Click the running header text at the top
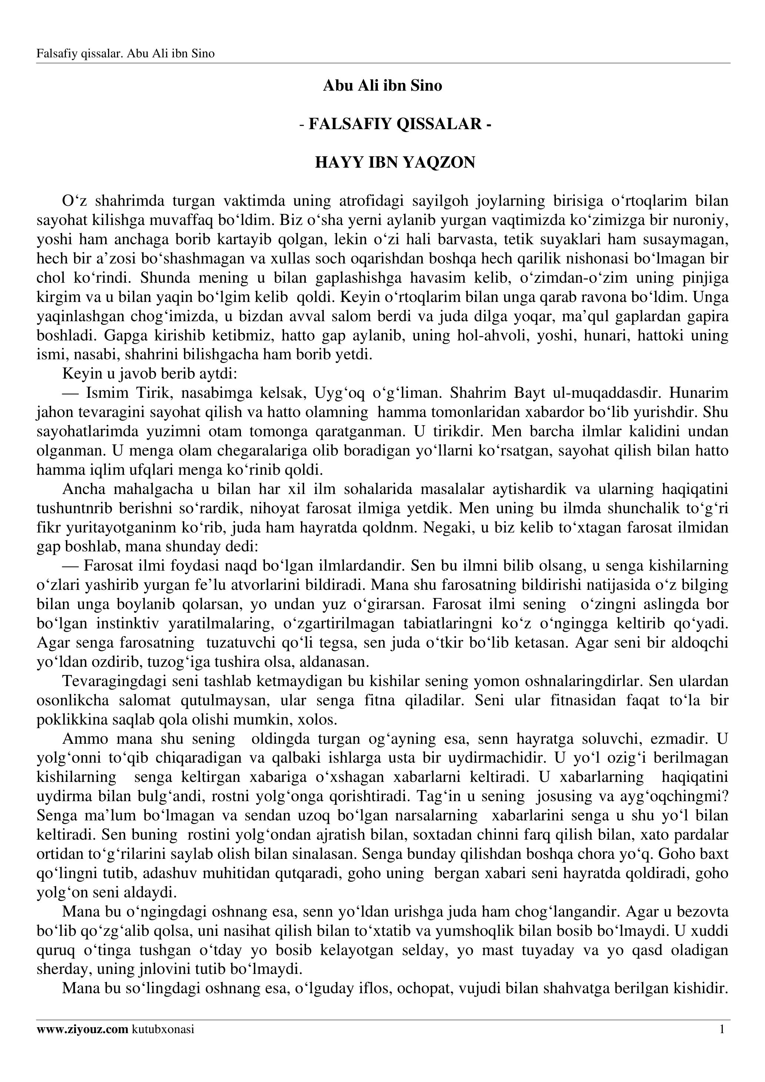(125, 54)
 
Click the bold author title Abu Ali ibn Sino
(382, 86)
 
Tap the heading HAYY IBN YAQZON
(395, 162)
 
